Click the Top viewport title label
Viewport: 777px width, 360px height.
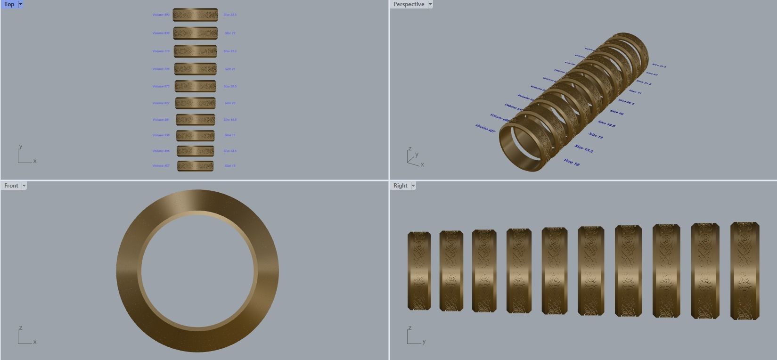click(x=9, y=4)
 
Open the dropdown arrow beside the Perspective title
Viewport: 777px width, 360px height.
click(x=430, y=4)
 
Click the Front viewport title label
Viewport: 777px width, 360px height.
click(x=11, y=186)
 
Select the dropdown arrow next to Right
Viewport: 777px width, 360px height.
click(x=413, y=186)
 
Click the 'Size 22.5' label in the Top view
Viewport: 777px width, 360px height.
click(x=230, y=15)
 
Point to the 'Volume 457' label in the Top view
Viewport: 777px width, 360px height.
click(x=161, y=166)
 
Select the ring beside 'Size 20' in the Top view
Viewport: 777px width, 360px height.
click(x=196, y=103)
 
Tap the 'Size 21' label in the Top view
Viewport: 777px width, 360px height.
click(x=230, y=69)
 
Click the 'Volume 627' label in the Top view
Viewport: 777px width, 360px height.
click(x=161, y=103)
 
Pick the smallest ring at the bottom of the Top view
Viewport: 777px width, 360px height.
click(x=196, y=166)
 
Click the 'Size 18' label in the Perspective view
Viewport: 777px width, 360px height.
click(x=572, y=162)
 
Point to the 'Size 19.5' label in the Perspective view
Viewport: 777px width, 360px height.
click(x=607, y=124)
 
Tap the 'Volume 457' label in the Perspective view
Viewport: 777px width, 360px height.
click(x=485, y=128)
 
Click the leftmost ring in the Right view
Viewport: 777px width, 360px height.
click(x=419, y=271)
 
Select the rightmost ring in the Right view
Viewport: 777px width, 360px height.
click(x=744, y=271)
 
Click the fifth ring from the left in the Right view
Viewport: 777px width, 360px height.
click(x=554, y=271)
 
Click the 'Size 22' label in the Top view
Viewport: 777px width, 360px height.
click(x=230, y=33)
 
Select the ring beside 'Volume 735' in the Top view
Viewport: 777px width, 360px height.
click(x=196, y=69)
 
